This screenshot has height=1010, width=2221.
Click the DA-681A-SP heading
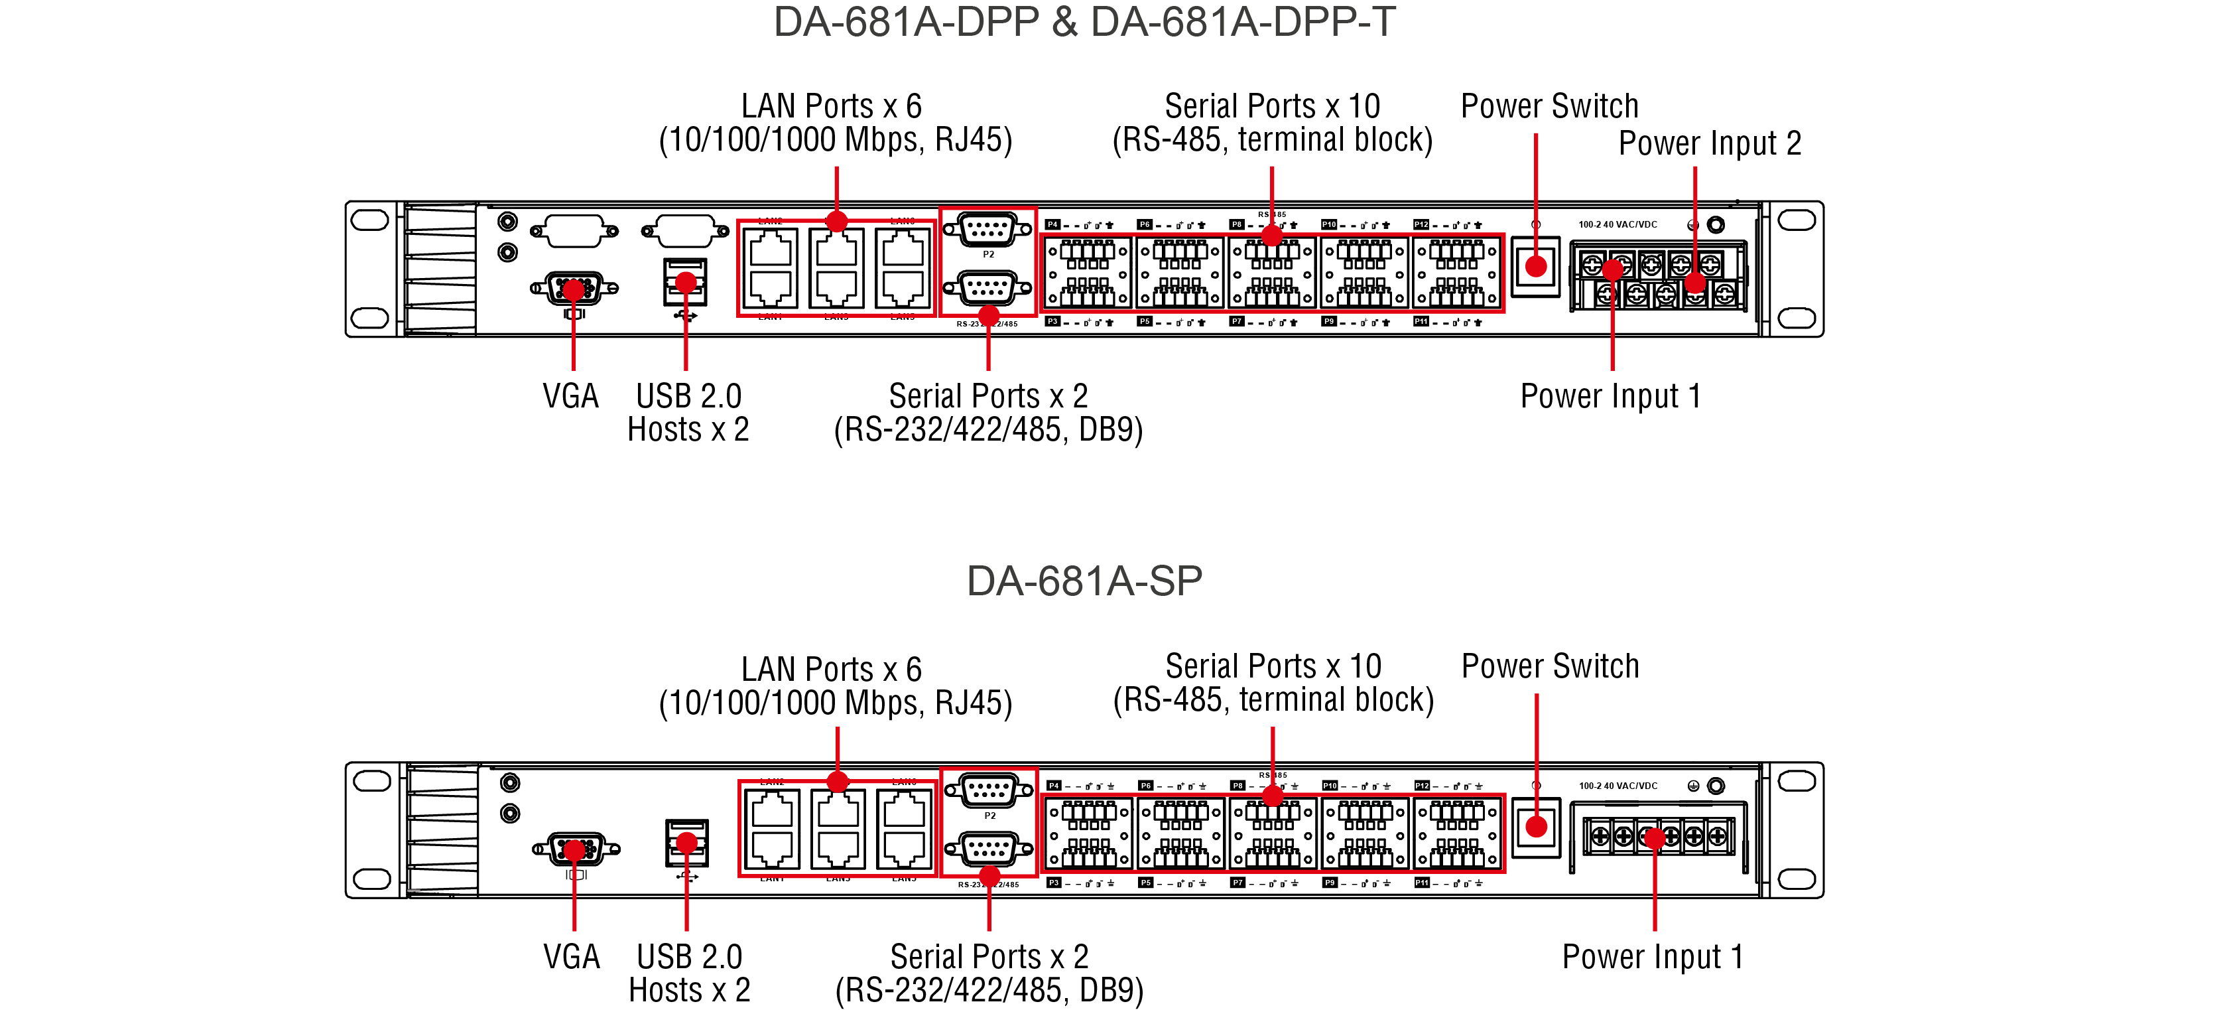click(1084, 581)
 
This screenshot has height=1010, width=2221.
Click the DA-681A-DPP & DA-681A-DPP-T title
click(1084, 21)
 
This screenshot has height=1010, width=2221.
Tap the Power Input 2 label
click(1709, 143)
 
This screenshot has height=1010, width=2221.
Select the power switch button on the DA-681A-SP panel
click(1535, 827)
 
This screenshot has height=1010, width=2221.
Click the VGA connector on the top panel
click(574, 288)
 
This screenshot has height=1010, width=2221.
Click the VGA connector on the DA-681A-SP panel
click(575, 849)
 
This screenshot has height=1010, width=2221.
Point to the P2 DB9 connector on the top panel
click(988, 230)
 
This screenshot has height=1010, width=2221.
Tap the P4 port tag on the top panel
click(1052, 225)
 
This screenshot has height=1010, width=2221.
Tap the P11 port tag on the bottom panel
click(1422, 883)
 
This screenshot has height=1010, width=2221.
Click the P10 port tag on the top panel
click(1328, 225)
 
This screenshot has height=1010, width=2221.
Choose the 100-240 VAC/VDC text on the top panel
click(1618, 224)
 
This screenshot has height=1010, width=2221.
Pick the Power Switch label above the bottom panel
click(1549, 666)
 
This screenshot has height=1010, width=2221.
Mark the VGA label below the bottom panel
click(571, 956)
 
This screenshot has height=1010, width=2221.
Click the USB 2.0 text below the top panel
click(688, 396)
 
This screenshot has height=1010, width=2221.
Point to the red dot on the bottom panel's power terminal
click(1654, 837)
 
